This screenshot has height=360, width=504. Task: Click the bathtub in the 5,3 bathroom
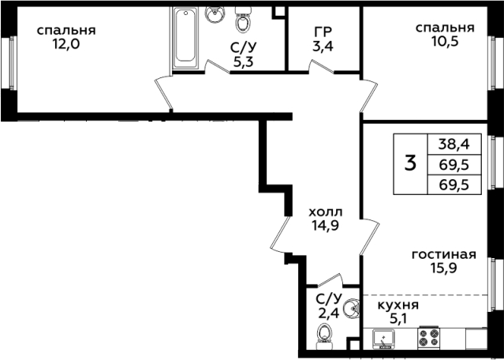185,37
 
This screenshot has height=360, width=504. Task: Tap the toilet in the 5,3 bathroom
244,19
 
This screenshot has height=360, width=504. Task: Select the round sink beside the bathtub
215,14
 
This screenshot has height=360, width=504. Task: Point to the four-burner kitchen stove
429,337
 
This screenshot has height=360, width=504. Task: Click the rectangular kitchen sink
384,339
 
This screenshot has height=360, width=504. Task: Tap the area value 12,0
66,44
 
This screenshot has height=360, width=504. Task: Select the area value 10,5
445,42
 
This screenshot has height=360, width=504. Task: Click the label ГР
323,32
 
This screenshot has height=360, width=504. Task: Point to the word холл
326,212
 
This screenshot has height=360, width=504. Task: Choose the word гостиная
444,255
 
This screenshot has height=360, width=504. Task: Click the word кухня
398,305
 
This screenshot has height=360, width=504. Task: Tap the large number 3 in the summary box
410,163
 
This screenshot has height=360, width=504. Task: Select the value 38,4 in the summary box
454,145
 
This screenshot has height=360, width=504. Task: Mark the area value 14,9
325,226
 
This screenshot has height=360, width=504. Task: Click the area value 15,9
444,268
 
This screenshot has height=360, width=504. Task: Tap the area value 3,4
323,47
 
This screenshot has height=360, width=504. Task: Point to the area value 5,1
398,320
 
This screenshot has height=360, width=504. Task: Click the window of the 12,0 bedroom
10,62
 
